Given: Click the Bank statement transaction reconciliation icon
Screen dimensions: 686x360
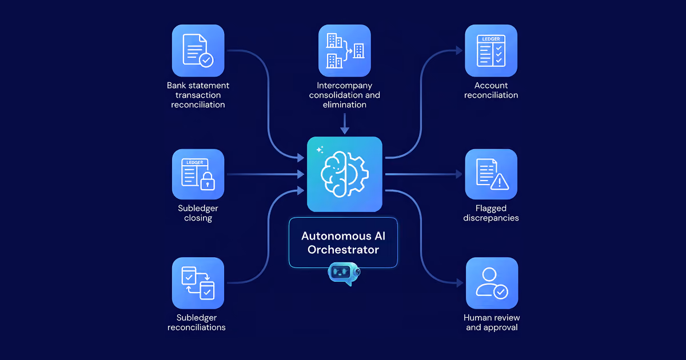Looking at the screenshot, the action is click(x=198, y=50).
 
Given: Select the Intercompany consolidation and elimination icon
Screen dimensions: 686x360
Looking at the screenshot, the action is click(x=345, y=50).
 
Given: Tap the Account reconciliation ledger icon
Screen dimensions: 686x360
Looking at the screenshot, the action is click(x=491, y=50).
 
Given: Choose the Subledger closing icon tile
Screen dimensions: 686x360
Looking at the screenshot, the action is click(x=198, y=174).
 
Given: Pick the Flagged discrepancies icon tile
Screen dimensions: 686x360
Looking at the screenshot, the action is click(x=491, y=174).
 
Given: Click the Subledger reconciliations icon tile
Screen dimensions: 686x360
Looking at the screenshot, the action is click(x=198, y=283).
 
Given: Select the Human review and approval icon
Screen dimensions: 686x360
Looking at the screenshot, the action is click(x=492, y=283).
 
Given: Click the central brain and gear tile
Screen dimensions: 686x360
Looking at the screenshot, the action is click(x=345, y=174).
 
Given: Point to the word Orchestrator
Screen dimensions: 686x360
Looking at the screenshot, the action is click(x=344, y=250).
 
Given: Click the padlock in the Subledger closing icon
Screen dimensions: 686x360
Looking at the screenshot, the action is click(x=208, y=181).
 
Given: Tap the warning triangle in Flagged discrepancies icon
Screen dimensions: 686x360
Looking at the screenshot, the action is click(x=500, y=182).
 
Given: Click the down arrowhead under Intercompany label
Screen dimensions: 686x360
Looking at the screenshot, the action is click(x=345, y=131).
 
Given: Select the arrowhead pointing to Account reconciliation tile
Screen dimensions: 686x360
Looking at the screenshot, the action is click(x=459, y=50).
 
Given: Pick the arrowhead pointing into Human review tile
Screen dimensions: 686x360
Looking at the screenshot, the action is click(x=460, y=283).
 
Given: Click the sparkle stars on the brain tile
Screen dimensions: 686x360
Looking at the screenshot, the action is click(x=320, y=149).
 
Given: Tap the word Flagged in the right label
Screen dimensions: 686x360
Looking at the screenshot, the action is click(x=491, y=208).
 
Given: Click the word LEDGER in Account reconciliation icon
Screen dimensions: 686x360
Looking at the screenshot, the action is click(x=491, y=39).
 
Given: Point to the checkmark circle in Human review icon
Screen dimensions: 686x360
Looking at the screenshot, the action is click(x=501, y=292).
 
